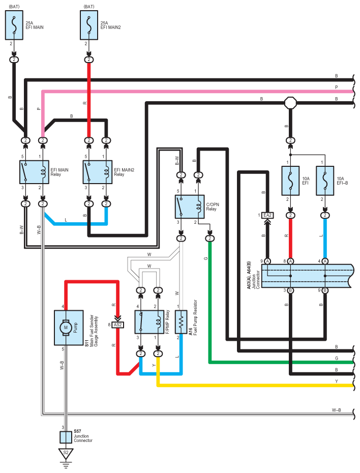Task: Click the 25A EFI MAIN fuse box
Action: pos(14,25)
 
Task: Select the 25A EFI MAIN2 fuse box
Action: pos(89,25)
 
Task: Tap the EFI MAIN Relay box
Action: pos(35,172)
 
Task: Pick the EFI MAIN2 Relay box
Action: pos(98,172)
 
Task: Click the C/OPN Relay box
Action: pos(190,206)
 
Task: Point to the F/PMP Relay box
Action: pos(149,321)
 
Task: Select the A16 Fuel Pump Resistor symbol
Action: pos(181,321)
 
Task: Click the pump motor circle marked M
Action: pos(66,328)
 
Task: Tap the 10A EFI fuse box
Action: pos(290,181)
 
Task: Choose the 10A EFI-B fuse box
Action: pos(325,181)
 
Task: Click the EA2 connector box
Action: pos(267,215)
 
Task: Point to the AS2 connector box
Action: pos(117,325)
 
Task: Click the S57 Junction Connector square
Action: pos(66,437)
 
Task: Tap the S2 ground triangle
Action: pos(66,453)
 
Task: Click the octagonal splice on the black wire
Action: pos(290,103)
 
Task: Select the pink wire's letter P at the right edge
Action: pos(337,87)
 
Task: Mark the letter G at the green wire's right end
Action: pos(337,358)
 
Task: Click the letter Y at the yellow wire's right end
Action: pos(337,381)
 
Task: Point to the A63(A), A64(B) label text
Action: pos(249,275)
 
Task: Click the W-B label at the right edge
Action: pos(337,410)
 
